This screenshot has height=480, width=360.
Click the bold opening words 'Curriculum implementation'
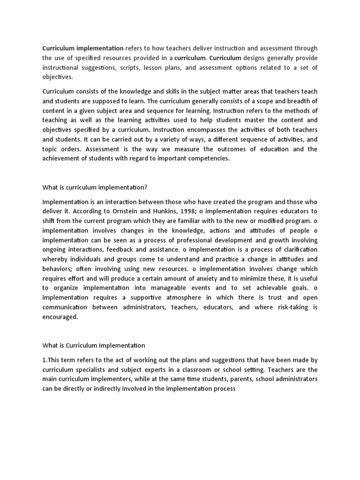[83, 48]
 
